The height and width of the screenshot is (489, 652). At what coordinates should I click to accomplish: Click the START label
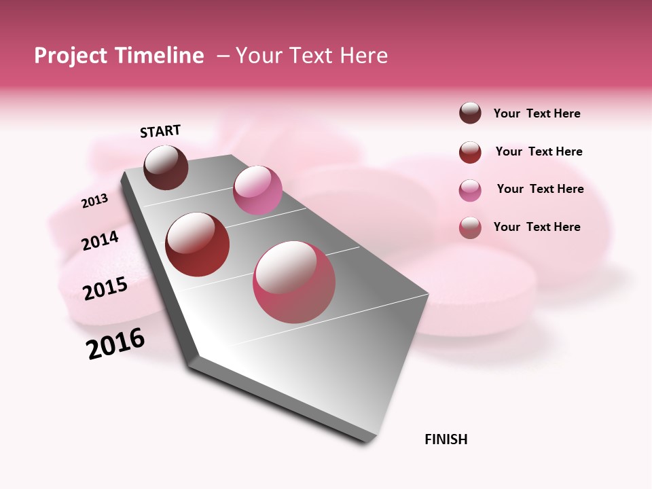[160, 131]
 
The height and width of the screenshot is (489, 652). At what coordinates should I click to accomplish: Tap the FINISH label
[446, 439]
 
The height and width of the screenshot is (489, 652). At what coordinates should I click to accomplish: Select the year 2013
[94, 201]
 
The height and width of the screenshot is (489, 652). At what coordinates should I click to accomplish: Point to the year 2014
[100, 240]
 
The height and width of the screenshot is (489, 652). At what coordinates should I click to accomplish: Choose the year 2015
[105, 289]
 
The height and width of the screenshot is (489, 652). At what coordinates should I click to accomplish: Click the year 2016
[115, 344]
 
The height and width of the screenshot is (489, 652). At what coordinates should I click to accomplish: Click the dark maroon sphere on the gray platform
[166, 167]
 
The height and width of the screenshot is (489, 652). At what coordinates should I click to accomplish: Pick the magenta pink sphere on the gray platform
[257, 190]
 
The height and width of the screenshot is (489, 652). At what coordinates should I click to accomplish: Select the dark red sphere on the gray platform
[198, 244]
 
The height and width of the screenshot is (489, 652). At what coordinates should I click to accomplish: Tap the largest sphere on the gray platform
[294, 282]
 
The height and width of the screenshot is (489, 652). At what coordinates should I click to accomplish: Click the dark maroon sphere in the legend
[470, 113]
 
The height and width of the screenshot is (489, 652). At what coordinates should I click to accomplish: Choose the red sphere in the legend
[470, 152]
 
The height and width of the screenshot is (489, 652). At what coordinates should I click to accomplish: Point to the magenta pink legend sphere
[470, 190]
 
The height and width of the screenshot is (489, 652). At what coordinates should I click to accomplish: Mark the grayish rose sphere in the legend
[470, 228]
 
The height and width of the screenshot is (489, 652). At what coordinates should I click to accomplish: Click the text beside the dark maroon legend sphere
[537, 113]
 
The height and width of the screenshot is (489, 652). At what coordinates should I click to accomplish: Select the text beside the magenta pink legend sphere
[540, 189]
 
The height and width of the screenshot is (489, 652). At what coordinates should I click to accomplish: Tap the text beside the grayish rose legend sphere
[537, 227]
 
